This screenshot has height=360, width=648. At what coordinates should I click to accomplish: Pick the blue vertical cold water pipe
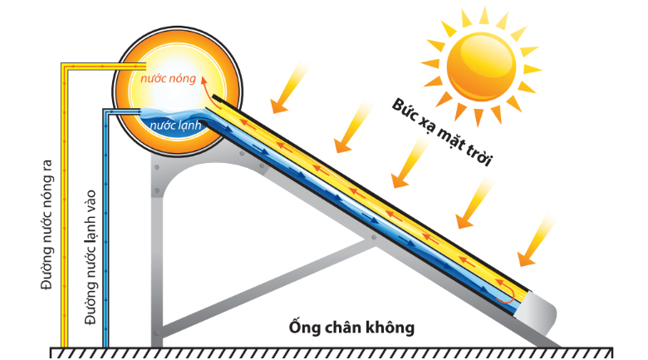click(x=105, y=233)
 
